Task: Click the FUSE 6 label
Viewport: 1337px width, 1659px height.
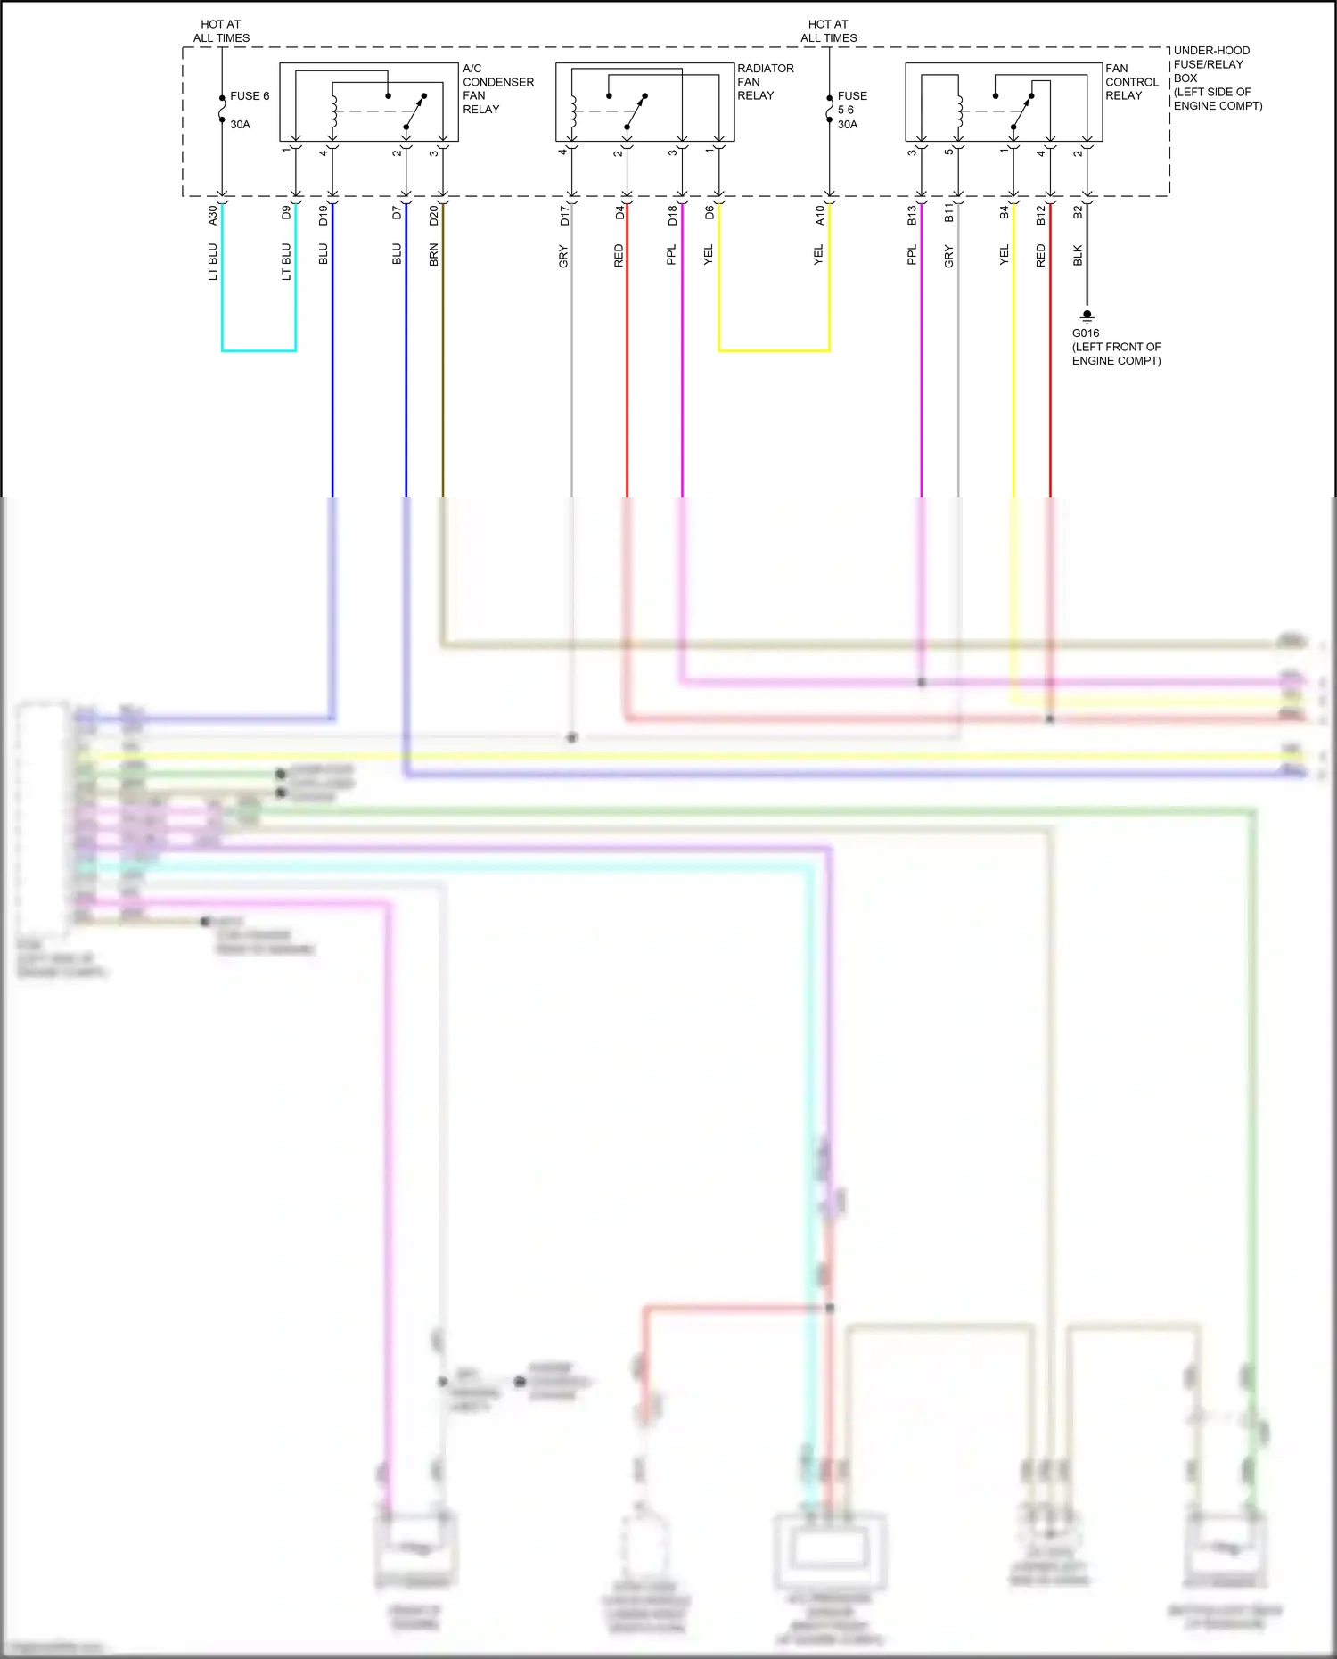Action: pos(249,96)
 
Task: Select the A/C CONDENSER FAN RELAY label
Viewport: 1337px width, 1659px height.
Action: pos(497,88)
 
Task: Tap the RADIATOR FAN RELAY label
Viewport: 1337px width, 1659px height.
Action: pos(765,82)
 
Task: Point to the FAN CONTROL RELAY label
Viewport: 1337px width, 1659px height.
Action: pos(1131,82)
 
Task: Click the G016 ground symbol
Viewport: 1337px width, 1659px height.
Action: pos(1087,316)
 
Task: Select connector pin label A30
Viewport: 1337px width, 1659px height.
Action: pos(212,214)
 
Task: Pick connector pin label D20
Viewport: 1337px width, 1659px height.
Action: pos(433,215)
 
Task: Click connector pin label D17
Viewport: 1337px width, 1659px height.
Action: pos(563,215)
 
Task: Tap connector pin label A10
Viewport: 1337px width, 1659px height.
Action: pos(820,215)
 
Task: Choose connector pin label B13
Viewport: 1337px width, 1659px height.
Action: pos(912,215)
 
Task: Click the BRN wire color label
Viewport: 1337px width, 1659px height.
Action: pos(433,255)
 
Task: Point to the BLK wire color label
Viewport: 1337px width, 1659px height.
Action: pos(1078,256)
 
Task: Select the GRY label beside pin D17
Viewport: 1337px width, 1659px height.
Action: pos(563,257)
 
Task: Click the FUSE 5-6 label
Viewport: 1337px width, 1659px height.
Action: pos(851,103)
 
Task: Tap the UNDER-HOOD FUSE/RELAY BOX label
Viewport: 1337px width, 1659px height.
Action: pos(1217,78)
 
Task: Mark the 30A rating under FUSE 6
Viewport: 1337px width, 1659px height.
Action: pos(240,125)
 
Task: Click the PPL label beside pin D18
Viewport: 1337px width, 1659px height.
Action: pos(672,255)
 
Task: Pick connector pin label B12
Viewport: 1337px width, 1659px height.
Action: pos(1040,215)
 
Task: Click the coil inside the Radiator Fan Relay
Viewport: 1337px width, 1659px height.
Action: pos(573,111)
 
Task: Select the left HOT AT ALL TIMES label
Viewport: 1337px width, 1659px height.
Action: pos(221,31)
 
